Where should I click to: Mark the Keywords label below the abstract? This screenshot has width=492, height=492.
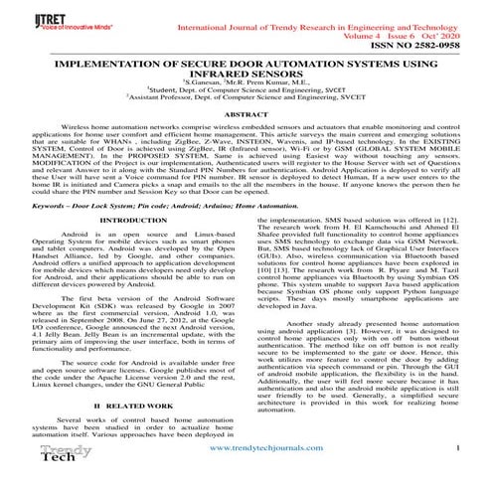point(43,232)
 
